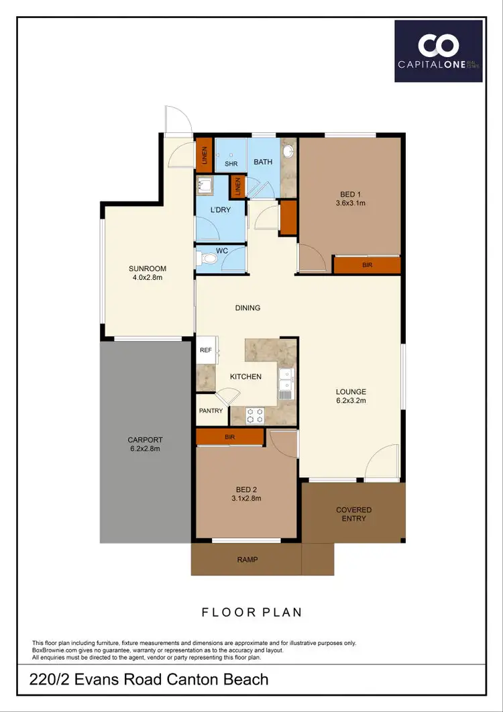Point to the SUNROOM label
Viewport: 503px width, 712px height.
[x=147, y=272]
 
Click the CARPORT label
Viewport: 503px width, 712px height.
[x=144, y=444]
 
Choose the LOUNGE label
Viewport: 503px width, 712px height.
[x=351, y=395]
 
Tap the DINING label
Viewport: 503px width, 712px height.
[x=247, y=308]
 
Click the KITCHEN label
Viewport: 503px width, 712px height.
[x=245, y=376]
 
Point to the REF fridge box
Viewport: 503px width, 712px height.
[x=205, y=350]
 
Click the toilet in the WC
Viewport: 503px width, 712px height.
[x=209, y=257]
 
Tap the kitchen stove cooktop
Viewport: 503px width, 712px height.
[x=256, y=415]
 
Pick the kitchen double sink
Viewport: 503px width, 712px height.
[x=286, y=380]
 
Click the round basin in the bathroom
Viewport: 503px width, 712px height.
[x=289, y=151]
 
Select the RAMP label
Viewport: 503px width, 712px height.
[x=247, y=560]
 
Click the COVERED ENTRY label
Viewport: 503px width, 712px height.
[x=353, y=514]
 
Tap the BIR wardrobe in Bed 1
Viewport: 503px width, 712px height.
[x=367, y=265]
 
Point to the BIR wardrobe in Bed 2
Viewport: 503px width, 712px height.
[x=229, y=437]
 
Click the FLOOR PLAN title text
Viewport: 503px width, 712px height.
[x=252, y=612]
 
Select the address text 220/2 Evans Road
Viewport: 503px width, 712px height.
[x=150, y=679]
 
